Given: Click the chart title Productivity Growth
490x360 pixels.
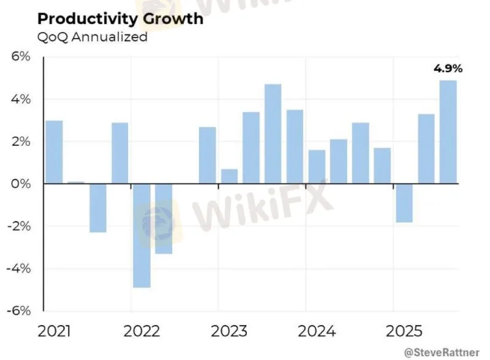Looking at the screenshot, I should click(121, 18).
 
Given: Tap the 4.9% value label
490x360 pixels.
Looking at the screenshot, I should click(448, 69).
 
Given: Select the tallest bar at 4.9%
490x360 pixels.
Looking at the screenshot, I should click(448, 132).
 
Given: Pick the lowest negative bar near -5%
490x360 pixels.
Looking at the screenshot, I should click(141, 236).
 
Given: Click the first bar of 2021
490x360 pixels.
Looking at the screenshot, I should click(54, 152).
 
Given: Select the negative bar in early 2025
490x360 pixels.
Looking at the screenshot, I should click(404, 203).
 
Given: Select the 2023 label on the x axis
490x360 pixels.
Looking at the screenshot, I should click(228, 332).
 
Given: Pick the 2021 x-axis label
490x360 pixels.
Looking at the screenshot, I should click(54, 332).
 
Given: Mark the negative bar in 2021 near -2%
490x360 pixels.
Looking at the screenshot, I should click(98, 208).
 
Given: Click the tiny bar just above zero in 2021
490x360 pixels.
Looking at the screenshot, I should click(76, 182).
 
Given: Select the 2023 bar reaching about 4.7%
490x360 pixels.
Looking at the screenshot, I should click(273, 133).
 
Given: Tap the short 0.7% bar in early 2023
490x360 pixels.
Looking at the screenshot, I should click(229, 176).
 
